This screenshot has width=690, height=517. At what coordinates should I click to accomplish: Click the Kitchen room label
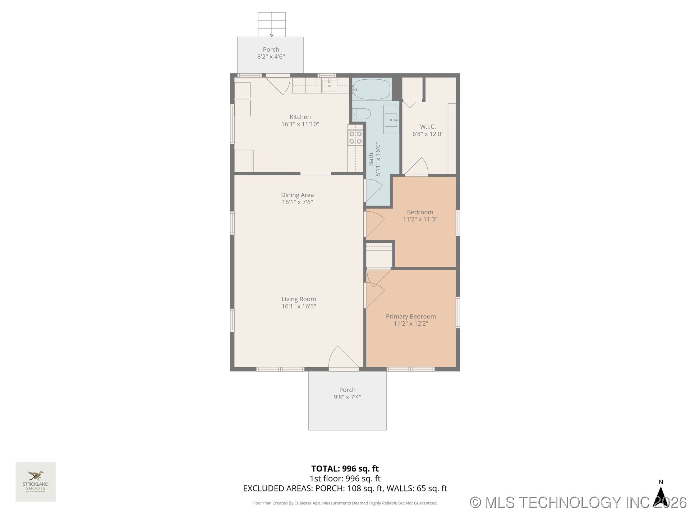tap(300, 117)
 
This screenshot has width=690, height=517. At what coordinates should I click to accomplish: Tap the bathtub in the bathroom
tap(371, 89)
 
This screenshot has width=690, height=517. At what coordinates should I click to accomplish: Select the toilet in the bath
tap(362, 114)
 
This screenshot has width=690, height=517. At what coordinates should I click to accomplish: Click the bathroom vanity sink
tap(391, 120)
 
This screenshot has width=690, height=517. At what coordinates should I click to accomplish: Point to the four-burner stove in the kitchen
tap(355, 138)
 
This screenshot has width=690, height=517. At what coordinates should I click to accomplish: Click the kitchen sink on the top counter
tap(329, 86)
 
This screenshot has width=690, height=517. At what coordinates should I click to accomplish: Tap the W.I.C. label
tap(428, 127)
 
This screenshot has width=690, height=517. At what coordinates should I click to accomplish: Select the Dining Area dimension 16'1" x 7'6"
tap(297, 202)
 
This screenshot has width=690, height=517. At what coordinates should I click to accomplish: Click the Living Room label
tap(299, 299)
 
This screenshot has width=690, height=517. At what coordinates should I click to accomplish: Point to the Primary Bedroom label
tap(411, 316)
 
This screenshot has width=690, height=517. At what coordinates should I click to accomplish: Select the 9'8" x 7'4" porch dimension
tap(347, 397)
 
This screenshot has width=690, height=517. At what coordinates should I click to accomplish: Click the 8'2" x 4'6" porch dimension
tap(271, 57)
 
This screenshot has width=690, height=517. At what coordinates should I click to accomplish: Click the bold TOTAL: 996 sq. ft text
tap(345, 469)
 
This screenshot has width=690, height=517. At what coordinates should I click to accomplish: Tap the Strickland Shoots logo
tap(36, 481)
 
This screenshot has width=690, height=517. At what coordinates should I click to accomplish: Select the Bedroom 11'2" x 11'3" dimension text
tap(420, 219)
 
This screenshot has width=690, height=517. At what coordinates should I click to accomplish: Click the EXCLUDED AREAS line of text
tap(345, 488)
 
